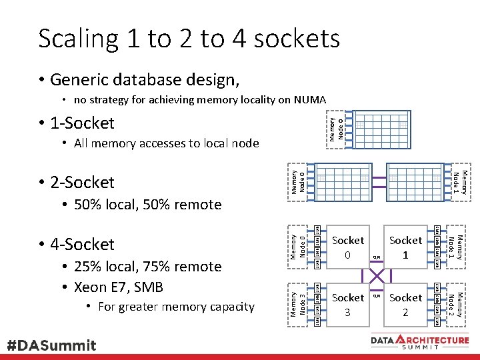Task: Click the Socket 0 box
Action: [347, 247]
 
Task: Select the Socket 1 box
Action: [405, 247]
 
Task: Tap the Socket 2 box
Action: [405, 305]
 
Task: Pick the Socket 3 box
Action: [347, 305]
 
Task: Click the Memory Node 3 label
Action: [299, 305]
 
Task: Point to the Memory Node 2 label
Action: [455, 305]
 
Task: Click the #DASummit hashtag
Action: [51, 345]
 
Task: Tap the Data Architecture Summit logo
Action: [420, 341]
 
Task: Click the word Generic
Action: [81, 80]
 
